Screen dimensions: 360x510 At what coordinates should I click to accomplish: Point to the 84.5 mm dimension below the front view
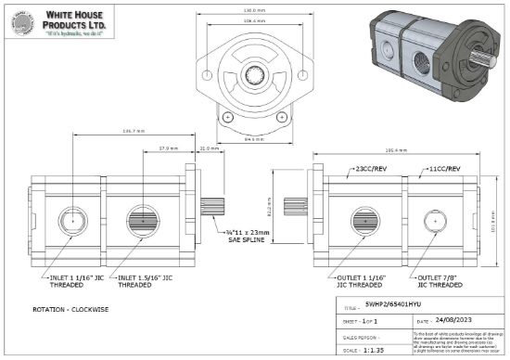click(253, 142)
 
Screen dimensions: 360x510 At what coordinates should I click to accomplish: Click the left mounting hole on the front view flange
click(226, 116)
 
